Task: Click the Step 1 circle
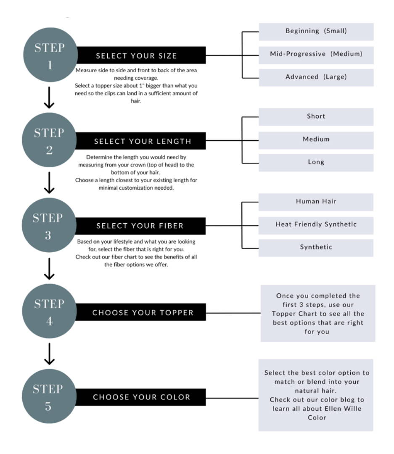pyautogui.click(x=50, y=55)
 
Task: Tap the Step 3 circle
pyautogui.click(x=49, y=225)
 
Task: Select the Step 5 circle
pyautogui.click(x=49, y=396)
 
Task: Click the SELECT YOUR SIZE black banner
pyautogui.click(x=141, y=55)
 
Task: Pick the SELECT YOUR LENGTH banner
pyautogui.click(x=140, y=141)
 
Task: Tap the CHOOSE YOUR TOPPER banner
pyautogui.click(x=141, y=312)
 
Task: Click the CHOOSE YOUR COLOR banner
pyautogui.click(x=141, y=397)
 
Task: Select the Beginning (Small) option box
pyautogui.click(x=316, y=32)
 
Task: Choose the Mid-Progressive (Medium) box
pyautogui.click(x=316, y=55)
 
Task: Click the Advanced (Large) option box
pyautogui.click(x=316, y=78)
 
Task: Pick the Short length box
pyautogui.click(x=316, y=117)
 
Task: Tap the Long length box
pyautogui.click(x=316, y=163)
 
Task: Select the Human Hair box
pyautogui.click(x=316, y=202)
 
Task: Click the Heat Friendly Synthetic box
pyautogui.click(x=316, y=226)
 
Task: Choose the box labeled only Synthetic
pyautogui.click(x=316, y=248)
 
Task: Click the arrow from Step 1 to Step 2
pyautogui.click(x=49, y=98)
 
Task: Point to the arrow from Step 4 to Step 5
pyautogui.click(x=49, y=354)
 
